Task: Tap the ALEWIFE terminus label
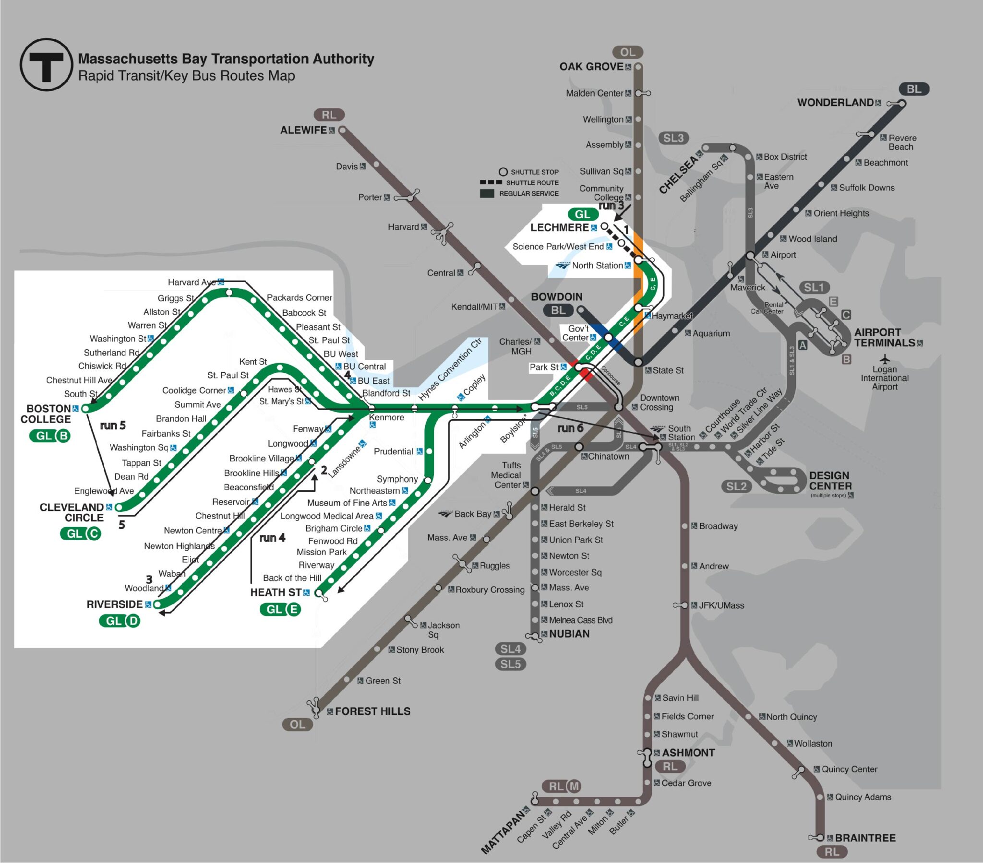click(x=303, y=130)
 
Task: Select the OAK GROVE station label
click(x=591, y=67)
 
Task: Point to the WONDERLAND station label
click(x=835, y=102)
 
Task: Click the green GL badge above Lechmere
click(x=582, y=214)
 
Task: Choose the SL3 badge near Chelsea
click(x=673, y=139)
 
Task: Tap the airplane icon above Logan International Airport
click(x=885, y=359)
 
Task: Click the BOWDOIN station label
click(x=556, y=297)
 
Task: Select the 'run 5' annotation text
click(x=112, y=426)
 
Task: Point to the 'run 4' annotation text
click(x=272, y=538)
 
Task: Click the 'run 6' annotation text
click(x=570, y=428)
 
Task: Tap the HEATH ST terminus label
click(x=276, y=592)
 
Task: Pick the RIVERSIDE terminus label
click(x=114, y=604)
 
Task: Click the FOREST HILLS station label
click(x=373, y=711)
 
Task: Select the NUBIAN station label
click(x=569, y=634)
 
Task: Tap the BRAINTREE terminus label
click(x=865, y=838)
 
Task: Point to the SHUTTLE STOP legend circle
click(x=503, y=172)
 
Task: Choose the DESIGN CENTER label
click(x=830, y=481)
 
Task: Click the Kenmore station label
click(x=386, y=417)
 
